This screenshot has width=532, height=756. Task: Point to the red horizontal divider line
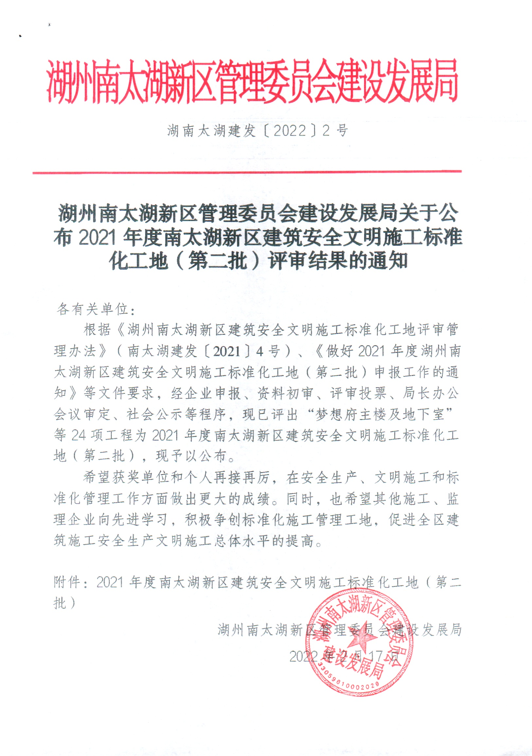(247, 172)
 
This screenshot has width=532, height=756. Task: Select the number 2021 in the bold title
(98, 238)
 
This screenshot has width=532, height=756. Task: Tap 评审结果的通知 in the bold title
(338, 262)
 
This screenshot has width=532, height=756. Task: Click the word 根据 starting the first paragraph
(97, 330)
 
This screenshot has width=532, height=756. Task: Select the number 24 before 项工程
(79, 436)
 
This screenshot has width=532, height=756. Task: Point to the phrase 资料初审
(285, 393)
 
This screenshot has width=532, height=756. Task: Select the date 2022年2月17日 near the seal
(344, 657)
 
